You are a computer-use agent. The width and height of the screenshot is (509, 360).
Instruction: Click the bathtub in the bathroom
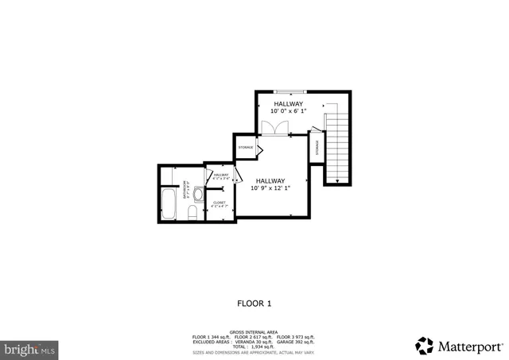169,204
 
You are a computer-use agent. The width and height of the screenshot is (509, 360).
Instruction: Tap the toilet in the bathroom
191,213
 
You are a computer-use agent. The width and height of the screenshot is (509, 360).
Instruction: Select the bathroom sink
197,192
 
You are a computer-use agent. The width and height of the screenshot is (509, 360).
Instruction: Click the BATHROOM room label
185,192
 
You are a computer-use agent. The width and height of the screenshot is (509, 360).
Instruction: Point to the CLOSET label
220,203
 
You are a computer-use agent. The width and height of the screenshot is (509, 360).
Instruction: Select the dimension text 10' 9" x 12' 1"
270,188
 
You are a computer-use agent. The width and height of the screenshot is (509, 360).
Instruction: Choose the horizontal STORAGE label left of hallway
245,147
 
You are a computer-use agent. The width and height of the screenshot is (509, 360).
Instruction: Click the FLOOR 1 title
254,303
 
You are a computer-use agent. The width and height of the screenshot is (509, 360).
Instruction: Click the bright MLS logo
30,348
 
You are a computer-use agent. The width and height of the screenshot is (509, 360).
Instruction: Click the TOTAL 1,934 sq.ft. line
254,346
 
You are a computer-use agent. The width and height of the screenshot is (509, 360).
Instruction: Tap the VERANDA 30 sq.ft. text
253,342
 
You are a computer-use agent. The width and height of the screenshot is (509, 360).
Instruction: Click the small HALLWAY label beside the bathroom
221,176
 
